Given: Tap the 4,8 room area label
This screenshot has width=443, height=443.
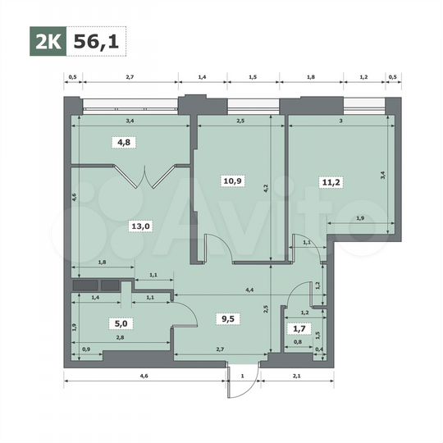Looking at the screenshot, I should (x=122, y=141).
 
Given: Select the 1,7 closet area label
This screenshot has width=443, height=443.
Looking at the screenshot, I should (x=301, y=329).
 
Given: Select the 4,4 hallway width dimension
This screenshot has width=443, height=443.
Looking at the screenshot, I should (x=249, y=290).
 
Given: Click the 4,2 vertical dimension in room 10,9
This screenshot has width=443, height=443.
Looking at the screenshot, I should (x=265, y=188).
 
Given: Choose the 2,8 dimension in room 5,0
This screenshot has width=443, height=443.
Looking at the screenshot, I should (x=120, y=337).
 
